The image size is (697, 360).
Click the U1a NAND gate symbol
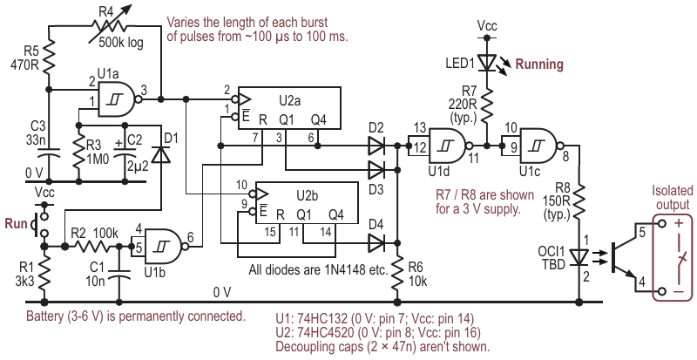(118, 99)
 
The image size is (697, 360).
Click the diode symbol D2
(376, 146)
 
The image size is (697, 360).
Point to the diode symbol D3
(376, 170)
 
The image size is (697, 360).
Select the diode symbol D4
(376, 243)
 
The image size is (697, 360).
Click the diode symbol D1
(160, 154)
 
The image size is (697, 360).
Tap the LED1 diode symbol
(487, 62)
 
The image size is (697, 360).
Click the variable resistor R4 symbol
(106, 26)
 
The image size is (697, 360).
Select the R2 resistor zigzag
(91, 246)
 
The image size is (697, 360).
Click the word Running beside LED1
(539, 65)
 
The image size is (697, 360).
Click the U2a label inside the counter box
(290, 101)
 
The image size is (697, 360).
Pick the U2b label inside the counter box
(308, 196)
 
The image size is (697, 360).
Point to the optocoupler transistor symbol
(626, 257)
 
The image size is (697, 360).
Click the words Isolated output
(672, 197)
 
